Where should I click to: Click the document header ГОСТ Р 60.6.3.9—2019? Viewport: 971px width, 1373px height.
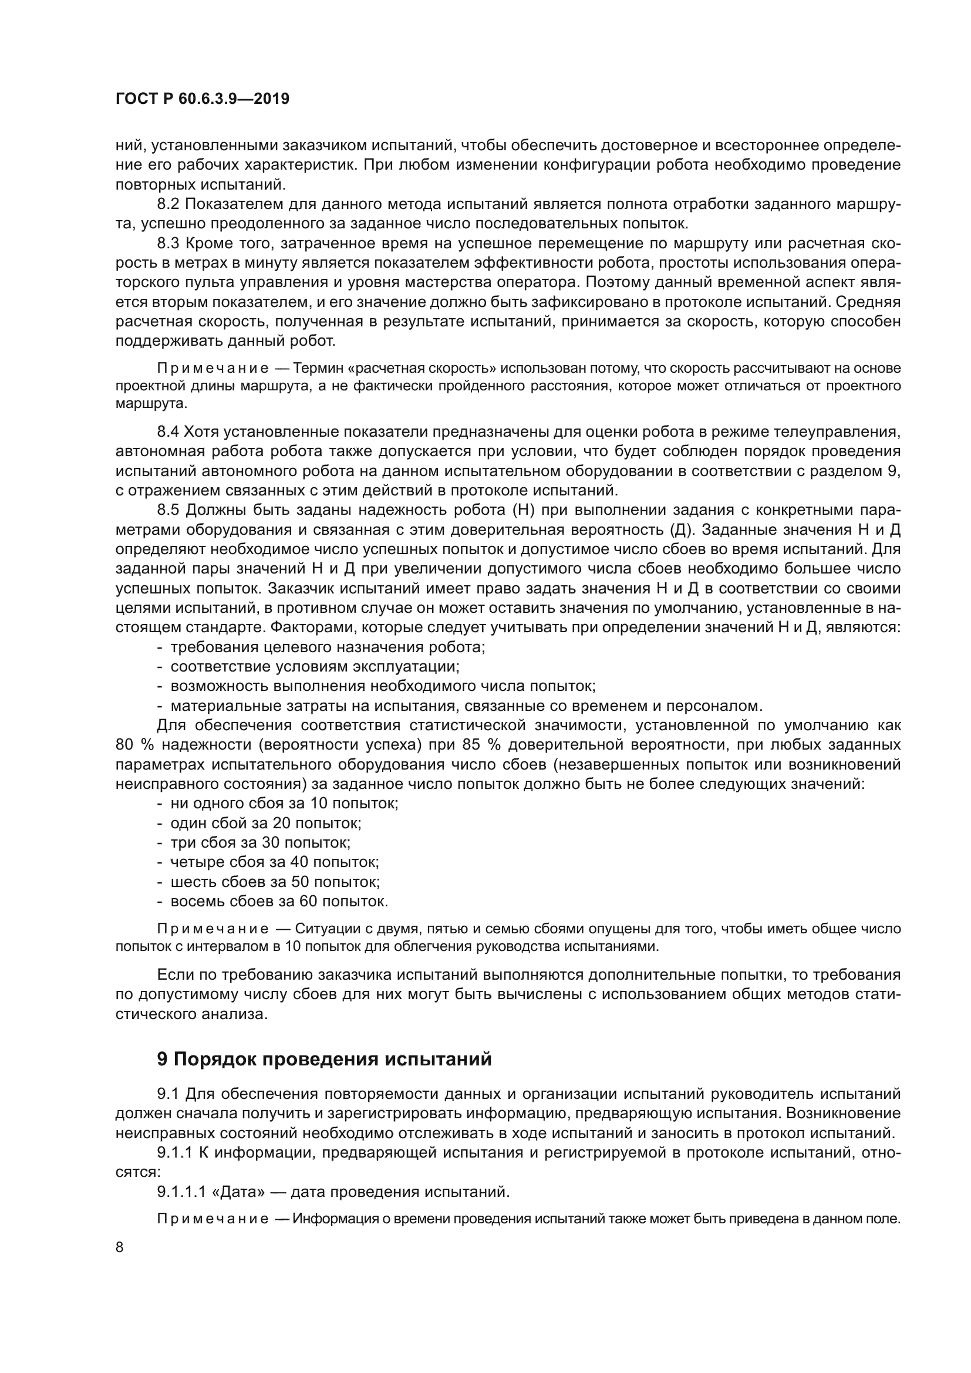pyautogui.click(x=202, y=99)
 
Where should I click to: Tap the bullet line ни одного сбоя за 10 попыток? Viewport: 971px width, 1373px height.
pyautogui.click(x=284, y=803)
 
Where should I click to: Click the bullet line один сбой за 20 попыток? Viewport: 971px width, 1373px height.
pyautogui.click(x=265, y=823)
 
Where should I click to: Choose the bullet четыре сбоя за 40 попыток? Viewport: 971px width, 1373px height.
pyautogui.click(x=274, y=862)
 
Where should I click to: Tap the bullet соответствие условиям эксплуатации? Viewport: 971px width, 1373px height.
pyautogui.click(x=315, y=667)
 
